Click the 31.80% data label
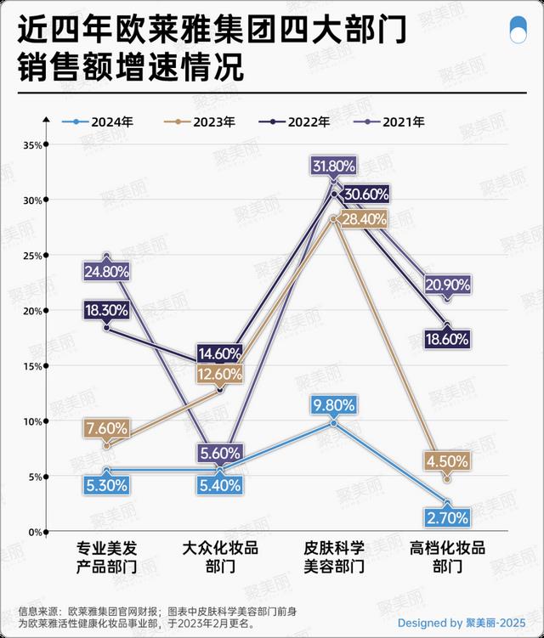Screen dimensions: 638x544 click(x=334, y=167)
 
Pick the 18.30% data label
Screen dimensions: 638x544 click(x=106, y=311)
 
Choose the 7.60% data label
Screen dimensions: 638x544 click(x=106, y=429)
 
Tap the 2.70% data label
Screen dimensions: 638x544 click(x=447, y=516)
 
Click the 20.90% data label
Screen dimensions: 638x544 click(x=446, y=285)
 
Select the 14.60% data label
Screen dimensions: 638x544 click(x=220, y=353)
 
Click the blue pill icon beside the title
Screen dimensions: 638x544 click(x=515, y=33)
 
